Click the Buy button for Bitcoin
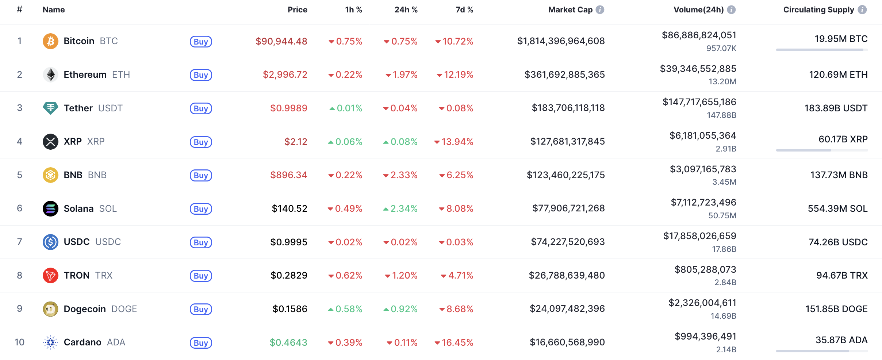point(201,42)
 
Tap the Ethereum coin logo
point(50,74)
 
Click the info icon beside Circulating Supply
point(862,10)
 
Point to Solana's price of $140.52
point(289,208)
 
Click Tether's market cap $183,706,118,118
point(568,108)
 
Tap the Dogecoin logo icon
point(50,309)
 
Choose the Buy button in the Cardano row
point(201,343)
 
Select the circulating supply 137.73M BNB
point(839,175)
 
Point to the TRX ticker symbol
point(104,275)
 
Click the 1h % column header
point(353,10)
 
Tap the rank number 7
point(20,242)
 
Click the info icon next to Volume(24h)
point(731,10)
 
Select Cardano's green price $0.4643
point(288,342)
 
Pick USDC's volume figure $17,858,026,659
point(699,236)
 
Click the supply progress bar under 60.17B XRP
point(822,150)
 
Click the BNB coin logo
point(50,175)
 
